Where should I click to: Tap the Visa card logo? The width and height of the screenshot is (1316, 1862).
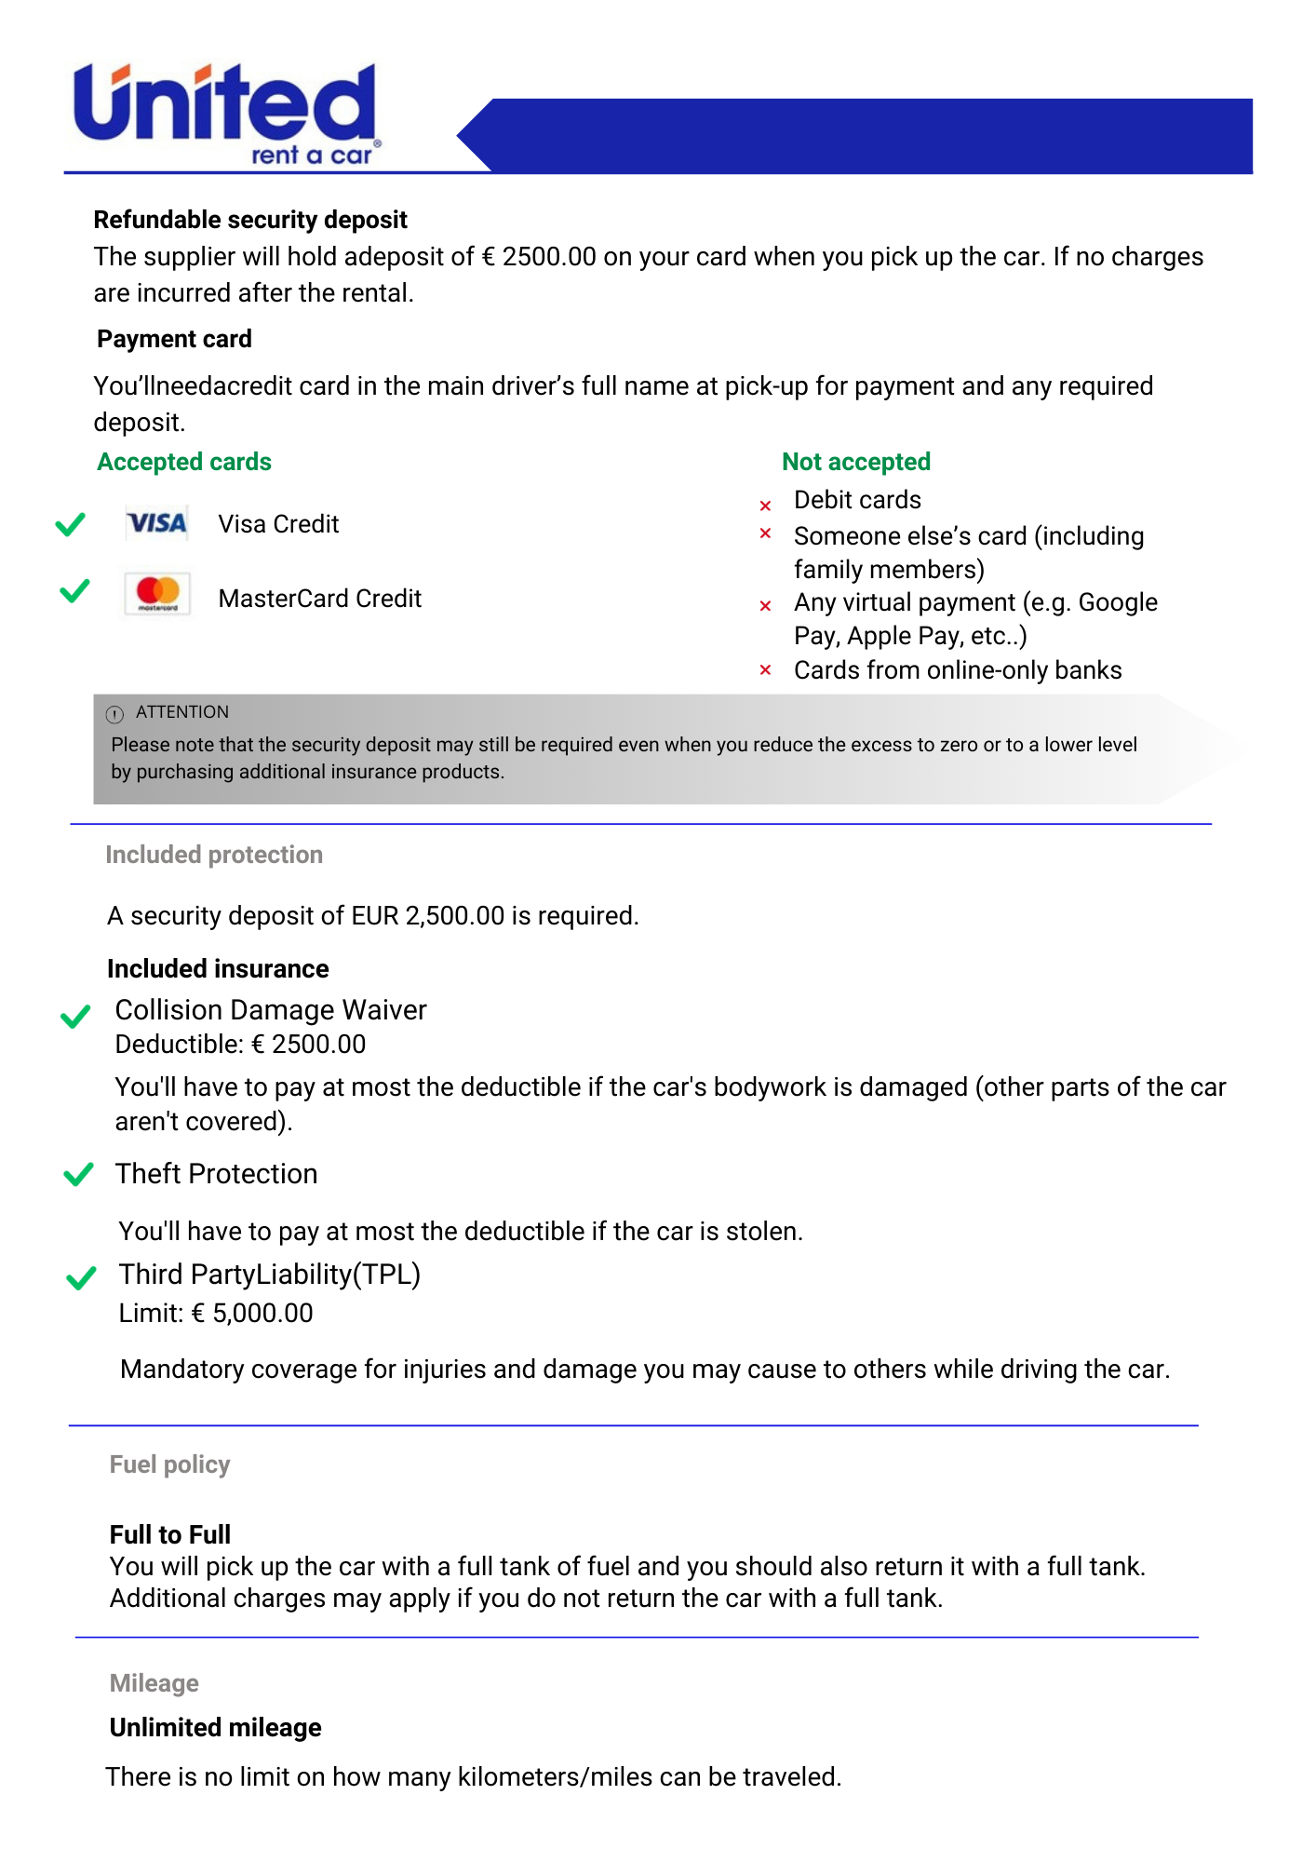[x=156, y=523]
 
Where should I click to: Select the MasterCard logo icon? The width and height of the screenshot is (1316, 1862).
[x=157, y=593]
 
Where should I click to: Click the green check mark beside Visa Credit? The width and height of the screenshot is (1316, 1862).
[x=71, y=524]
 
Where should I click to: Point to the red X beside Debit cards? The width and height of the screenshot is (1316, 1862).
[x=765, y=506]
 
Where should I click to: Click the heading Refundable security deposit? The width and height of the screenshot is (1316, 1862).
[x=250, y=220]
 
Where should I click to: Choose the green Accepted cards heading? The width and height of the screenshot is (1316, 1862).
[x=184, y=462]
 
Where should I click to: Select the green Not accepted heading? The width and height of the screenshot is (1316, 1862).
[x=855, y=462]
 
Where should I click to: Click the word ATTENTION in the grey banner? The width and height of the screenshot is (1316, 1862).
[x=182, y=712]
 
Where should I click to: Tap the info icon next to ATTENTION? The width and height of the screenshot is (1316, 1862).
[x=114, y=714]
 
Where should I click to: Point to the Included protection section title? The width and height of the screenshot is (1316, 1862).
[x=214, y=855]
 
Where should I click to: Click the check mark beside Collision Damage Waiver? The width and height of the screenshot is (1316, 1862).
[x=75, y=1016]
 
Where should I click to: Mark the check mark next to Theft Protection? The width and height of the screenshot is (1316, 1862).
[x=78, y=1174]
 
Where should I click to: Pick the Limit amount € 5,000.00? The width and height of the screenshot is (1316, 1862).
[x=252, y=1313]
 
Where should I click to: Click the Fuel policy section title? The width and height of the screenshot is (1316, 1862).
[x=169, y=1464]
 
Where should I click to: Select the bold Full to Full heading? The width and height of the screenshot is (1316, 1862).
[x=170, y=1534]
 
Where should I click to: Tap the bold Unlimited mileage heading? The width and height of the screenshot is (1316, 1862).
[x=215, y=1728]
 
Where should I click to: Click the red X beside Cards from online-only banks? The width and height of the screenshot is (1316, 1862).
[x=765, y=670]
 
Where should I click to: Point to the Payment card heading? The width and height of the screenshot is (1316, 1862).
[x=174, y=339]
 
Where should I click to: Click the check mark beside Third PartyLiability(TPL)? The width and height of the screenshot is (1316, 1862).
[x=82, y=1277]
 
